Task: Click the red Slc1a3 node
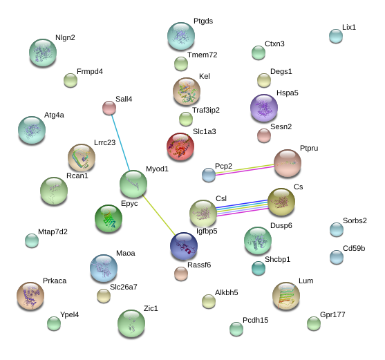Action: pyautogui.click(x=180, y=146)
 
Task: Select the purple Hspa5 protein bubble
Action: pyautogui.click(x=264, y=108)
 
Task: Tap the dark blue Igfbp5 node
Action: pyautogui.click(x=184, y=246)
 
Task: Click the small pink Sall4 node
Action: pyautogui.click(x=109, y=108)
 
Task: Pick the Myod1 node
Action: pyautogui.click(x=133, y=184)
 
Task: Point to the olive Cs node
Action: pyautogui.click(x=281, y=202)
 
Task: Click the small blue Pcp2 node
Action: pyautogui.click(x=209, y=175)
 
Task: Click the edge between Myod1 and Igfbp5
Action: pyautogui.click(x=159, y=215)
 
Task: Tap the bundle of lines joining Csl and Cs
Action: pyautogui.click(x=242, y=208)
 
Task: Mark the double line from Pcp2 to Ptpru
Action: pyautogui.click(x=245, y=169)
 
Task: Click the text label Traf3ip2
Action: pyautogui.click(x=206, y=110)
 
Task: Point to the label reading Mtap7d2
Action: pyautogui.click(x=53, y=231)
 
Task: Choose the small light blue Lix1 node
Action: pyautogui.click(x=336, y=36)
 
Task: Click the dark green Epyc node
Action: pyautogui.click(x=109, y=218)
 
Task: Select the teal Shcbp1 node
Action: pyautogui.click(x=259, y=268)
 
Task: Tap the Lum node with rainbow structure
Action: pyautogui.click(x=286, y=296)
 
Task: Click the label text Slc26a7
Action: pyautogui.click(x=124, y=287)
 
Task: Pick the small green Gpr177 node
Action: pyautogui.click(x=314, y=323)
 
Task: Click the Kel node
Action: pyautogui.click(x=187, y=91)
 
